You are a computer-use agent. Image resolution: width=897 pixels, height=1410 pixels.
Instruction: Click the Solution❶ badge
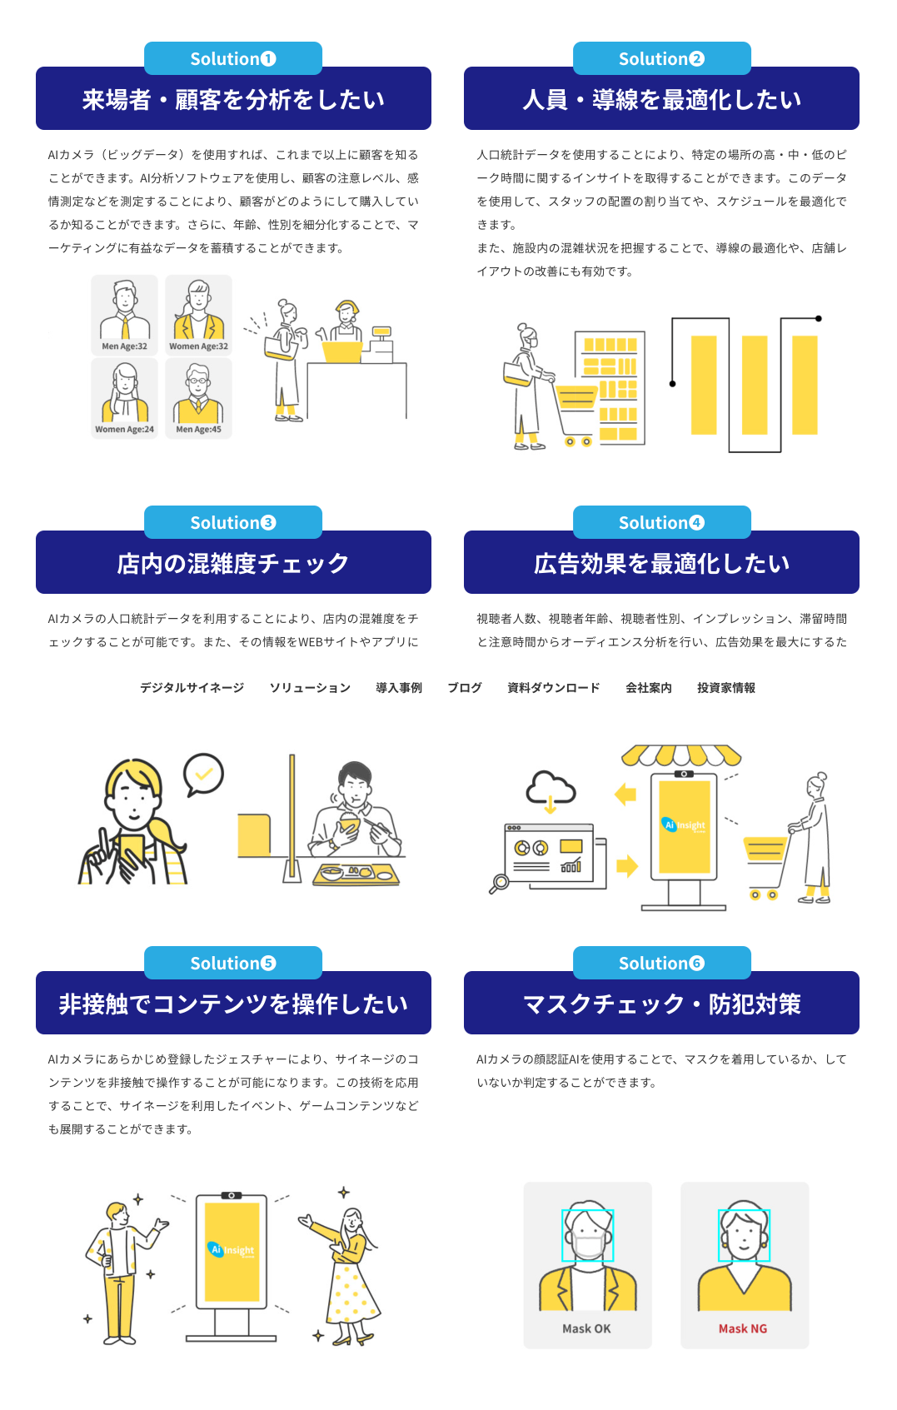[x=232, y=58]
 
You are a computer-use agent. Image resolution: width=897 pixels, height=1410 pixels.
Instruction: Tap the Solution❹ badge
[x=661, y=522]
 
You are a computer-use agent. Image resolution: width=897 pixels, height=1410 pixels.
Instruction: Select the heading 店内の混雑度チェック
[x=233, y=563]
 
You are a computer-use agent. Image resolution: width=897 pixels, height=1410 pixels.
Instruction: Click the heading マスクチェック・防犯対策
[x=661, y=1004]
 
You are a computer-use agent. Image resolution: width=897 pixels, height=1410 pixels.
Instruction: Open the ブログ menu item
[x=465, y=688]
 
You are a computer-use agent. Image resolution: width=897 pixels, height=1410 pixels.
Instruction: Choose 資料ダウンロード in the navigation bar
[x=553, y=688]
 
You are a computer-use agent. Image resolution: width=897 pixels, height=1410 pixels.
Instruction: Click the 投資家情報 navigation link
[x=725, y=688]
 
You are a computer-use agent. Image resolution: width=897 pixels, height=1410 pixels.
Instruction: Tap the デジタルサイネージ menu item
[x=192, y=688]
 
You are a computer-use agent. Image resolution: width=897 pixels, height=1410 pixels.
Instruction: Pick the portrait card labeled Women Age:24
[x=124, y=398]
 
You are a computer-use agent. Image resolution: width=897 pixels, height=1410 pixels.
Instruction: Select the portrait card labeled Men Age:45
[x=198, y=398]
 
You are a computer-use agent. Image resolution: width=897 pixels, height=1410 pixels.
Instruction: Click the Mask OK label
[x=586, y=1328]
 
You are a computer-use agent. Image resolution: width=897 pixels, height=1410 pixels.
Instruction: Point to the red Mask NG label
[x=743, y=1328]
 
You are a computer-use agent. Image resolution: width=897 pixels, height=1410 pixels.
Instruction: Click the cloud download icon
[x=550, y=790]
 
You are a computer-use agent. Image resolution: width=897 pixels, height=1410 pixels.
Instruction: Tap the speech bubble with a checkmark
[x=203, y=774]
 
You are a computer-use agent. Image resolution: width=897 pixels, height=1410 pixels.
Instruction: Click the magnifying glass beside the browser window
[x=498, y=884]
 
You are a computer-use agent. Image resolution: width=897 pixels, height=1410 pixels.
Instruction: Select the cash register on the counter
[x=380, y=341]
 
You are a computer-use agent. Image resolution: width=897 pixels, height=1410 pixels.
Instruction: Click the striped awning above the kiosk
[x=681, y=755]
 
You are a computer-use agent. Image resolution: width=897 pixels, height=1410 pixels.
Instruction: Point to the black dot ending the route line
[x=819, y=318]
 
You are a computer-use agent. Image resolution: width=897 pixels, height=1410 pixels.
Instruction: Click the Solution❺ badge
[x=232, y=963]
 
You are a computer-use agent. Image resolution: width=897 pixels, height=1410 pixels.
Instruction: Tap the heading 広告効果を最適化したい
[x=661, y=563]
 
